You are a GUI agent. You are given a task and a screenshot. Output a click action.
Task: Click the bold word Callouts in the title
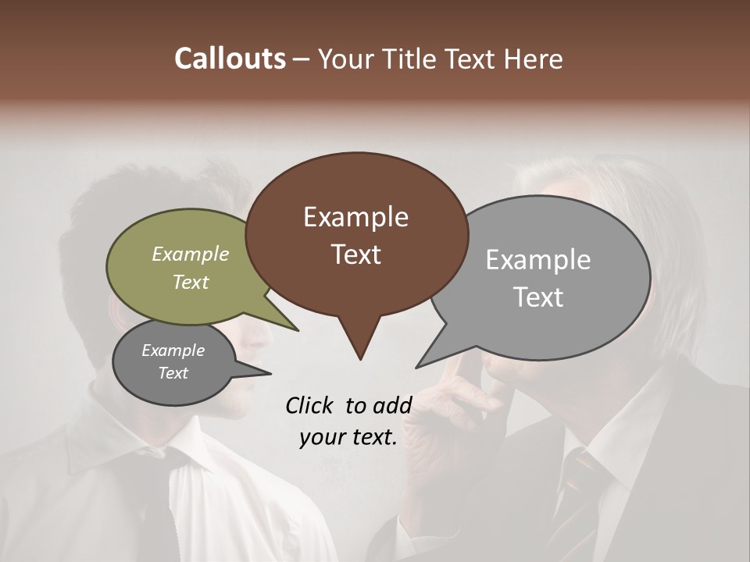click(x=230, y=59)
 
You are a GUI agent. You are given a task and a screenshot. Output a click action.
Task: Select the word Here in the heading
click(x=535, y=59)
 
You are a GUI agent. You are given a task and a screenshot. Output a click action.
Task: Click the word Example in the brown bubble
click(x=355, y=217)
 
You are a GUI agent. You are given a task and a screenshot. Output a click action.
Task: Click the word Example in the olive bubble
click(x=191, y=254)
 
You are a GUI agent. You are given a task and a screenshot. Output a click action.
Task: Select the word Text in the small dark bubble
click(x=173, y=373)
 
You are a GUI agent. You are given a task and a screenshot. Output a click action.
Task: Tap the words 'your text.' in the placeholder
click(x=348, y=437)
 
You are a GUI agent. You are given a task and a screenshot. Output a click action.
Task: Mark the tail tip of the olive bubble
click(x=298, y=330)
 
